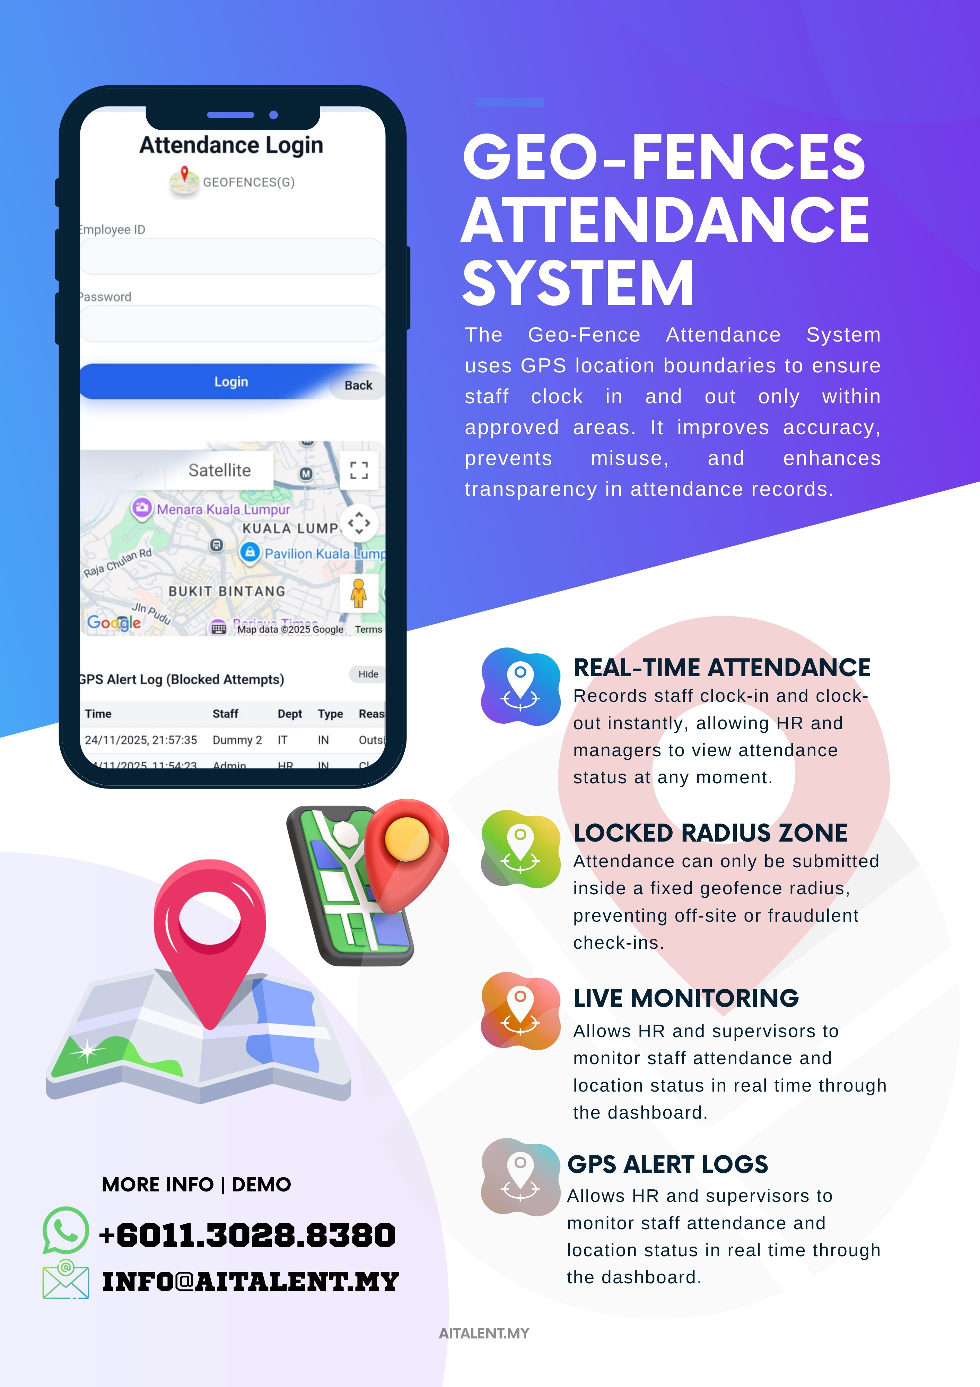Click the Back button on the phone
click(358, 385)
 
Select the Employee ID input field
click(233, 257)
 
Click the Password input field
click(233, 324)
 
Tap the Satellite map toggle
click(219, 470)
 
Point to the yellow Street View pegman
click(359, 593)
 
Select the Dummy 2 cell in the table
click(237, 740)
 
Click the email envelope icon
click(66, 1280)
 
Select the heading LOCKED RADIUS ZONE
click(710, 833)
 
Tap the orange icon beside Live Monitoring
click(520, 1011)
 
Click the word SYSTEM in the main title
click(578, 283)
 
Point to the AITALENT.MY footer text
click(484, 1333)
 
